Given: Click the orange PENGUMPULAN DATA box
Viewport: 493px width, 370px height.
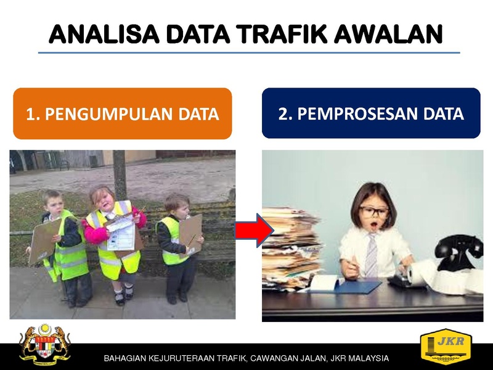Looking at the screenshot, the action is point(123,113).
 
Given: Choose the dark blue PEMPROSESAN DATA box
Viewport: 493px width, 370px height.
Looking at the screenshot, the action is point(371,113).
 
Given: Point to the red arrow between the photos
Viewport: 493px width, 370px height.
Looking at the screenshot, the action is point(255,230).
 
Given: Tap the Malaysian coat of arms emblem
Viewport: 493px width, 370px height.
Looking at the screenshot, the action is point(44,344).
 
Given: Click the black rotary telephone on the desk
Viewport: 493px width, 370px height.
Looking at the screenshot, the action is point(460,252).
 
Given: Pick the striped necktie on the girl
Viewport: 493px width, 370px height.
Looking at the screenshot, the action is point(372,255).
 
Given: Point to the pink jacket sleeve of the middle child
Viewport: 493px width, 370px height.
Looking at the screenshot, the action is point(94,233).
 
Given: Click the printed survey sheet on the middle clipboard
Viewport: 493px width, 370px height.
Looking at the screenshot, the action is point(121,233).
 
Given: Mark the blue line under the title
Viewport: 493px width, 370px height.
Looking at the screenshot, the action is point(249,52).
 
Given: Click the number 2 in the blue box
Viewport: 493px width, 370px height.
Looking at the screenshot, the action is point(283,113).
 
